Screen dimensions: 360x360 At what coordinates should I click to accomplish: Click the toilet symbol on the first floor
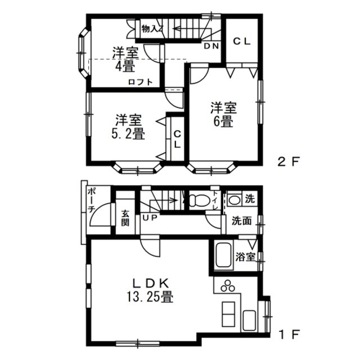coord(199,200)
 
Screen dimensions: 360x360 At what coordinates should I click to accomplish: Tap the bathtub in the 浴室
coord(224,255)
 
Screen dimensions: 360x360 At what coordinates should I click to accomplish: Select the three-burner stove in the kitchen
coord(228,286)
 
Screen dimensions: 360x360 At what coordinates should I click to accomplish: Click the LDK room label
coord(151,283)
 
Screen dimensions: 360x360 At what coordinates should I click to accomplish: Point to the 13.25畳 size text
coord(150,297)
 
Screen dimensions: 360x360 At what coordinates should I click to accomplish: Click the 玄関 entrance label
coord(125,218)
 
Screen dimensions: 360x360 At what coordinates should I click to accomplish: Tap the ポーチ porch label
coord(91,200)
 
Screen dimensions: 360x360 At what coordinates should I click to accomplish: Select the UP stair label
coord(150,217)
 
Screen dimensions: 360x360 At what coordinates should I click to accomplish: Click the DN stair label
coord(211,46)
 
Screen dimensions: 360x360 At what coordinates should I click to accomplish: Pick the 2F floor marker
coord(289,162)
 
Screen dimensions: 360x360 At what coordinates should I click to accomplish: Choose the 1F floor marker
coord(289,335)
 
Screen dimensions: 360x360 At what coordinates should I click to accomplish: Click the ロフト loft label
coord(140,82)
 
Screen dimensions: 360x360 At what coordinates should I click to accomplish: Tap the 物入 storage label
coord(149,29)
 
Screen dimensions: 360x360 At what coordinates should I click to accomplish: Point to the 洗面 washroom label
coord(241,221)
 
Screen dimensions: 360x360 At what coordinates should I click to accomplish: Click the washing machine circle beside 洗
coord(234,200)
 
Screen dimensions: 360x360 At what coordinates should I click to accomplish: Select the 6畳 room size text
coord(223,121)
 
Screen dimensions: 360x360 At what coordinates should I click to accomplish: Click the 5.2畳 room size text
coord(128,134)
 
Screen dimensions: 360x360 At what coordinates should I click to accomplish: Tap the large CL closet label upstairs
coord(242,42)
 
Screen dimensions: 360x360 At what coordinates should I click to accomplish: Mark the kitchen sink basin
coord(249,321)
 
